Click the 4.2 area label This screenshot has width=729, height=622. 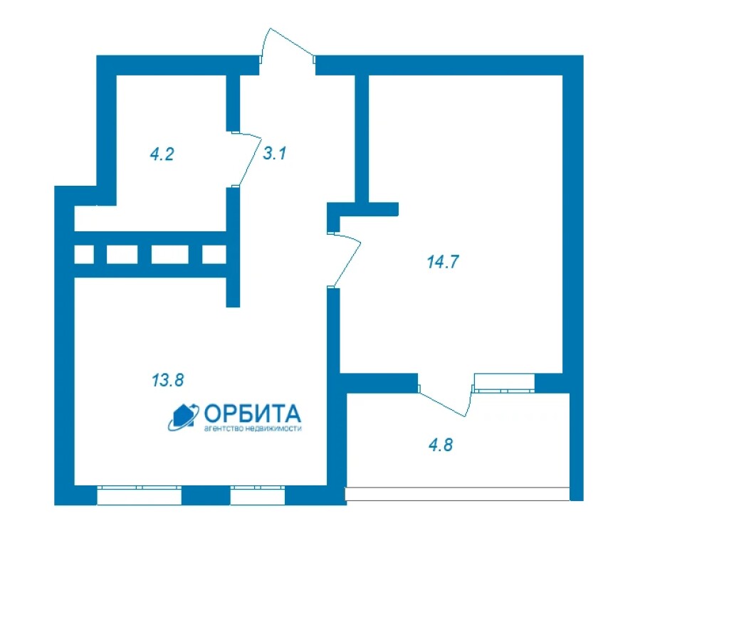click(162, 154)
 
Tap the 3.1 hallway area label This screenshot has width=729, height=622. click(274, 153)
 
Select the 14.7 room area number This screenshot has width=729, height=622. click(443, 262)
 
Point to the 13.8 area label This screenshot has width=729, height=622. click(168, 380)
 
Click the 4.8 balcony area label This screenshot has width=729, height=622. click(440, 445)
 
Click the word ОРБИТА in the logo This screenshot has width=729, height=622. click(253, 413)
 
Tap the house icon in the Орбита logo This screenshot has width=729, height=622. click(184, 416)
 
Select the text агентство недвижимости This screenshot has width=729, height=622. click(253, 428)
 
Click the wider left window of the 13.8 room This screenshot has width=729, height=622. click(139, 495)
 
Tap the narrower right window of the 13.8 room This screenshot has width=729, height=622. click(258, 495)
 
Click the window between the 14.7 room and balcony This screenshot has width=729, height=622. click(505, 382)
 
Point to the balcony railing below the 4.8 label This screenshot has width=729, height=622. click(457, 494)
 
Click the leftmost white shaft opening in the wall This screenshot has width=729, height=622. click(84, 255)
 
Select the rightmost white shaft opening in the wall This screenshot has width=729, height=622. click(214, 255)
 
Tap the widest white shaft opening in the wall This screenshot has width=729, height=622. click(169, 255)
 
